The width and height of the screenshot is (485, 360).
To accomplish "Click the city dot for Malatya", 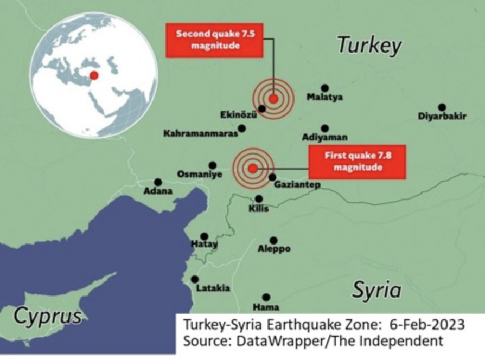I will [x=324, y=88].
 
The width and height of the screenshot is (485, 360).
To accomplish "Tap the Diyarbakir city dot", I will [x=442, y=107].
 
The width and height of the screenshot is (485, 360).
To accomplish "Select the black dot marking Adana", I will [x=158, y=182].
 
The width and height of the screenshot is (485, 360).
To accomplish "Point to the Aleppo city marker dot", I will [x=273, y=240].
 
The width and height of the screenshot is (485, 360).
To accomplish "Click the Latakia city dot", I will [x=195, y=279].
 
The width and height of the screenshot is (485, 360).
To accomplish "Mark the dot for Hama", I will [x=266, y=297].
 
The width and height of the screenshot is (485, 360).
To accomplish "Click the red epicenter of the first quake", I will [x=253, y=168].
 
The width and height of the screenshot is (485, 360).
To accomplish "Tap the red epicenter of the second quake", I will [x=273, y=99].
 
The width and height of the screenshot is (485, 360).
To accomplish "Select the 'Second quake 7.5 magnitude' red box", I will [x=215, y=40].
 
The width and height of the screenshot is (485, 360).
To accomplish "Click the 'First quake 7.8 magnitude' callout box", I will [x=358, y=162].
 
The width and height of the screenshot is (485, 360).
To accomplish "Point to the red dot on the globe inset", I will [x=94, y=75].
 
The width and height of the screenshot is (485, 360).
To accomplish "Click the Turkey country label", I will [x=369, y=46].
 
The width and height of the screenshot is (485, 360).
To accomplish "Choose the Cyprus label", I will [x=48, y=316].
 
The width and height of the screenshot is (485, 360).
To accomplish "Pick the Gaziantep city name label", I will [x=297, y=185].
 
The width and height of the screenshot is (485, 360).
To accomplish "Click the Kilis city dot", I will [x=259, y=199].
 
